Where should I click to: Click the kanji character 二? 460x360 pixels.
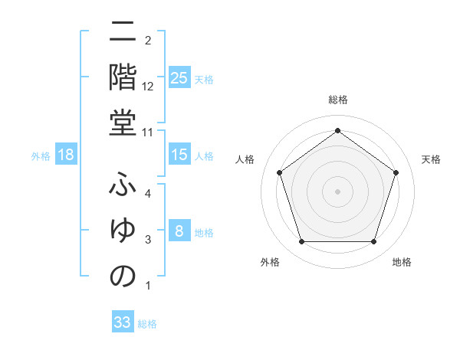click(x=123, y=33)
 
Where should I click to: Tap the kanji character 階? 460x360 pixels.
click(x=123, y=77)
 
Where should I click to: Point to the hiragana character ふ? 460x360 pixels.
click(x=123, y=185)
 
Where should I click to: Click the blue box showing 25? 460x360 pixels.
click(x=179, y=77)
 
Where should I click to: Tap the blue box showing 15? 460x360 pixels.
click(x=179, y=155)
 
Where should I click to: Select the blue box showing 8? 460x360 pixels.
click(x=179, y=231)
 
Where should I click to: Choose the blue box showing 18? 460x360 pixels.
click(x=66, y=155)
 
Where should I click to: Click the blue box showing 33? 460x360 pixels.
click(x=123, y=322)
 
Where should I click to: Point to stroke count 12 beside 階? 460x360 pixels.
click(x=149, y=86)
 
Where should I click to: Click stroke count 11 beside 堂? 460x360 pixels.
click(x=149, y=132)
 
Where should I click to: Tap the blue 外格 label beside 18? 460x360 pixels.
click(x=41, y=156)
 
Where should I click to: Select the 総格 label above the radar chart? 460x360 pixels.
click(x=337, y=100)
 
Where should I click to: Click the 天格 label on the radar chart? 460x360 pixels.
click(x=431, y=159)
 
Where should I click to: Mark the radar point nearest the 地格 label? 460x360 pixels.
click(x=373, y=242)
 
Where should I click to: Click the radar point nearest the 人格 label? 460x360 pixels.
click(x=280, y=172)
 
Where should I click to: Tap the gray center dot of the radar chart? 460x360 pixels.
click(x=337, y=191)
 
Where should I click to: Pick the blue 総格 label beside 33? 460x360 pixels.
click(x=147, y=324)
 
